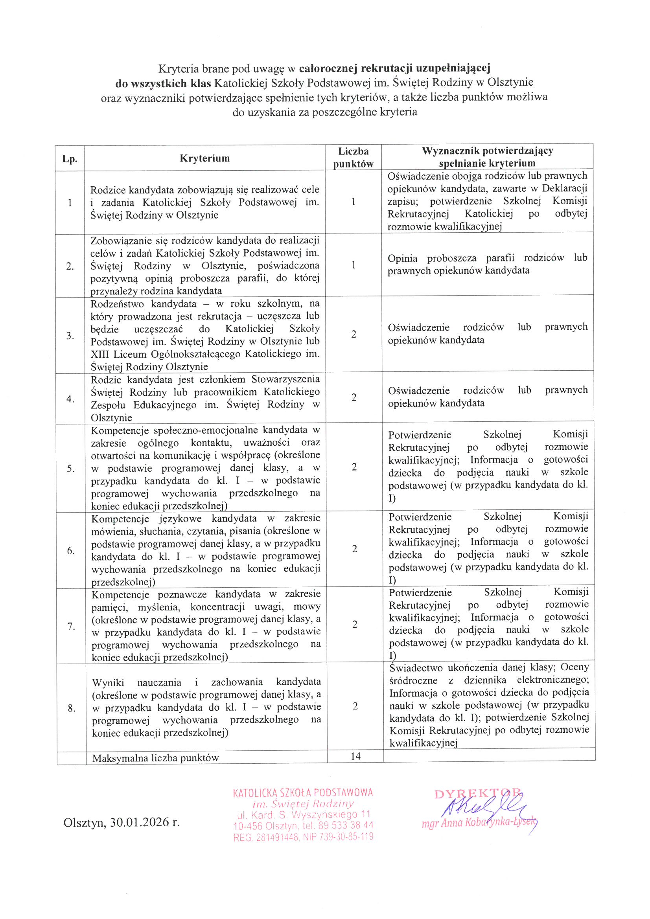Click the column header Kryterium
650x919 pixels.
pos(204,158)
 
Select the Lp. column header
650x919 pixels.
pos(70,158)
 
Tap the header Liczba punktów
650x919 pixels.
pos(353,157)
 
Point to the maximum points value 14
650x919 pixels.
pos(355,756)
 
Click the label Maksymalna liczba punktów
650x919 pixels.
pos(155,758)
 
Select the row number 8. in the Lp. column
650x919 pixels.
pos(72,709)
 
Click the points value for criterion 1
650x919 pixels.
pos(353,202)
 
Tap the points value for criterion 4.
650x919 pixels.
pos(354,397)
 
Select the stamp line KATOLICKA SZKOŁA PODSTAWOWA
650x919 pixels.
pos(303,792)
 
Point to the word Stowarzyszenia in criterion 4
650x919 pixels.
pos(285,379)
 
